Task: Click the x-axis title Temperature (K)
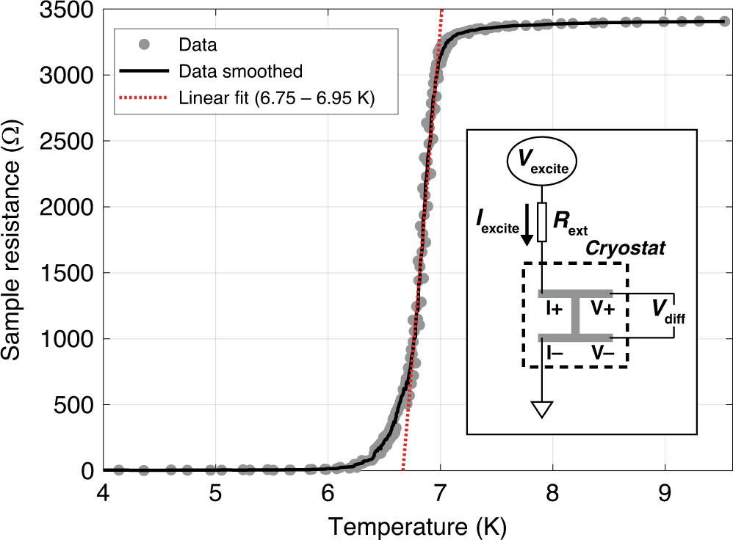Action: [x=417, y=525]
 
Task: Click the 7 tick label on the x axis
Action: [x=440, y=490]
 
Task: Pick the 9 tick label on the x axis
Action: [x=665, y=490]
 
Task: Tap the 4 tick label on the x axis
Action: [x=103, y=490]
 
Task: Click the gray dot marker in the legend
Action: [x=145, y=45]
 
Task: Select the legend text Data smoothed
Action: [x=240, y=72]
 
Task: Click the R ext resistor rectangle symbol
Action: [x=542, y=222]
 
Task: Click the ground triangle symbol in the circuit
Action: [x=542, y=409]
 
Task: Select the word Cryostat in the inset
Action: [x=625, y=249]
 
